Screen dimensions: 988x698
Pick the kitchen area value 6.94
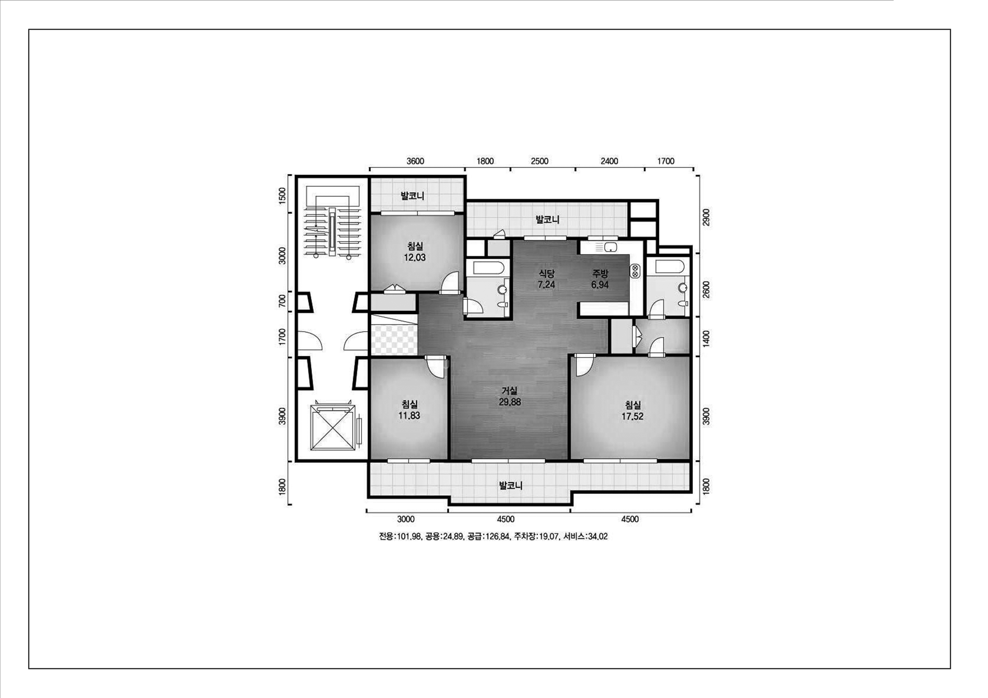[x=600, y=285]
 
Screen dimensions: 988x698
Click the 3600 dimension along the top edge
[x=415, y=161]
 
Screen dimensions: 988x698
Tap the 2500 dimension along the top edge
[x=540, y=161]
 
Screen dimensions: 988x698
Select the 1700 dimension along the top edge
[x=666, y=161]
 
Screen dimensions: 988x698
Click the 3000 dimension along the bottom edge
[x=406, y=519]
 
